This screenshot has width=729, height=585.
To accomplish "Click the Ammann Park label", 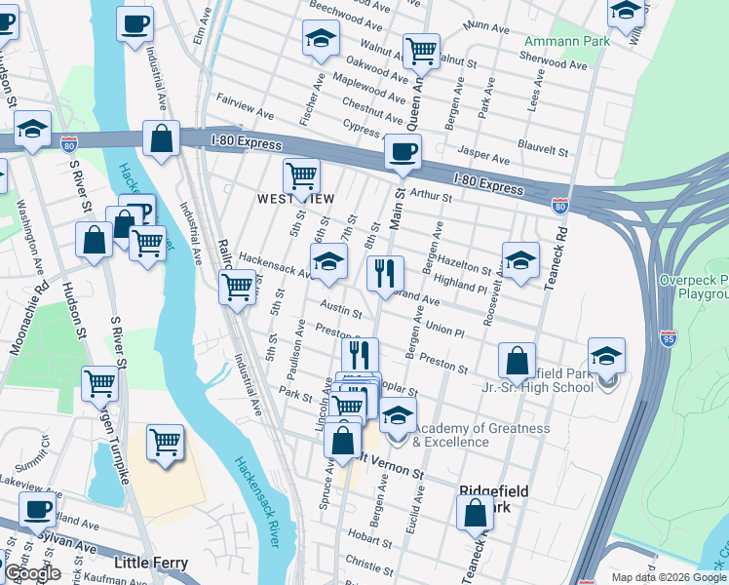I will (x=566, y=42).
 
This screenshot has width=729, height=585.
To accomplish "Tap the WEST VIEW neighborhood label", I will (x=295, y=199).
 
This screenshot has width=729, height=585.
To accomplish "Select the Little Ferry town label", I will (x=151, y=564).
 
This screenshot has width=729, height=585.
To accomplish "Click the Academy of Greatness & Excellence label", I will (x=481, y=435).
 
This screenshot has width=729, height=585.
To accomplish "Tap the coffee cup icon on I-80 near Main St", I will (x=402, y=152).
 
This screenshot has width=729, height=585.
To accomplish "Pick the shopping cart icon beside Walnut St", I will (x=421, y=51).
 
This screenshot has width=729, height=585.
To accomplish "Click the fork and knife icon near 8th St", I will (x=385, y=272).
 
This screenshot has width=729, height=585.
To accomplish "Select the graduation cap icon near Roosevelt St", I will (x=520, y=260).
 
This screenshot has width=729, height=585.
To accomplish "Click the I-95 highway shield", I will (x=668, y=338).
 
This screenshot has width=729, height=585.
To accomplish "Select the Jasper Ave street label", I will (x=483, y=158).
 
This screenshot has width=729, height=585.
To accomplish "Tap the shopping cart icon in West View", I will (x=301, y=176).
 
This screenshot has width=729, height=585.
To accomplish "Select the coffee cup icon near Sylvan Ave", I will (x=38, y=509).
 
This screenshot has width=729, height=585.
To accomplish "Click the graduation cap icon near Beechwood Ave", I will (x=321, y=38).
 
